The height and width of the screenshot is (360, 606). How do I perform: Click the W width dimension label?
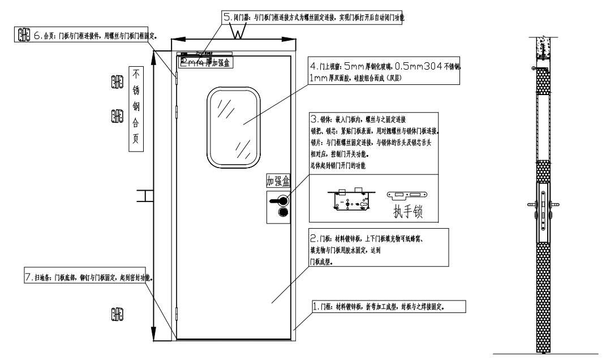pyautogui.click(x=238, y=32)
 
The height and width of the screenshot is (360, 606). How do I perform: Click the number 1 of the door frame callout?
pyautogui.click(x=316, y=306)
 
